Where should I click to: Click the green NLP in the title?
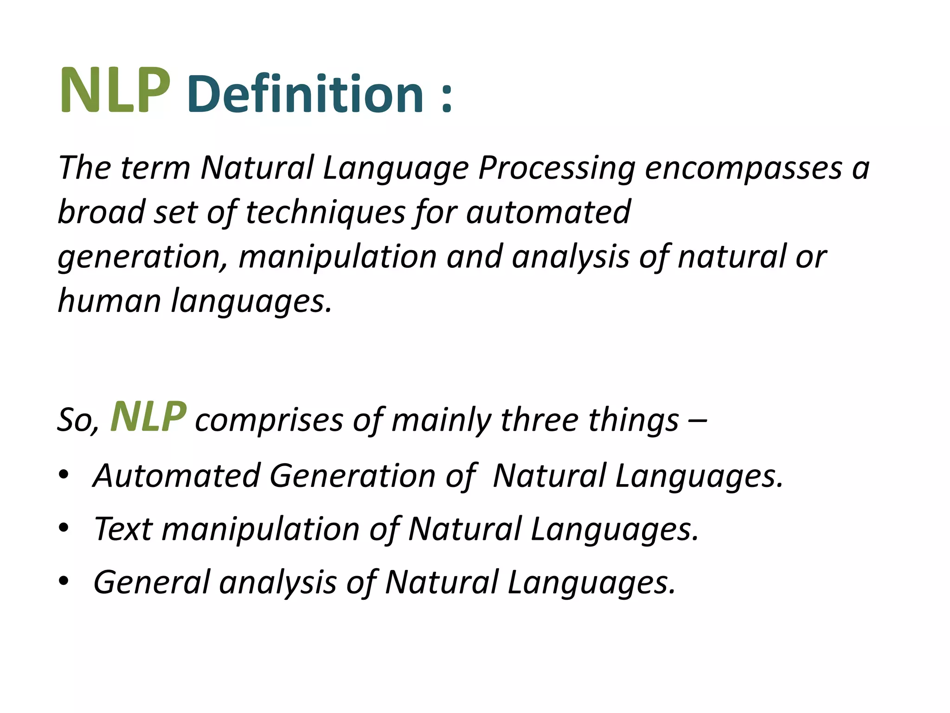click(x=115, y=91)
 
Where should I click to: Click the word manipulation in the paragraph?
click(x=338, y=257)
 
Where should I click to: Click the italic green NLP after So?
click(x=148, y=417)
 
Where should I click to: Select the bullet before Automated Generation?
click(x=64, y=474)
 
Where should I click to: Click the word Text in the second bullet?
click(x=123, y=529)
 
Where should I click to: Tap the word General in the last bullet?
click(x=152, y=582)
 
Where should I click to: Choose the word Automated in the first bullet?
click(x=177, y=476)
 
